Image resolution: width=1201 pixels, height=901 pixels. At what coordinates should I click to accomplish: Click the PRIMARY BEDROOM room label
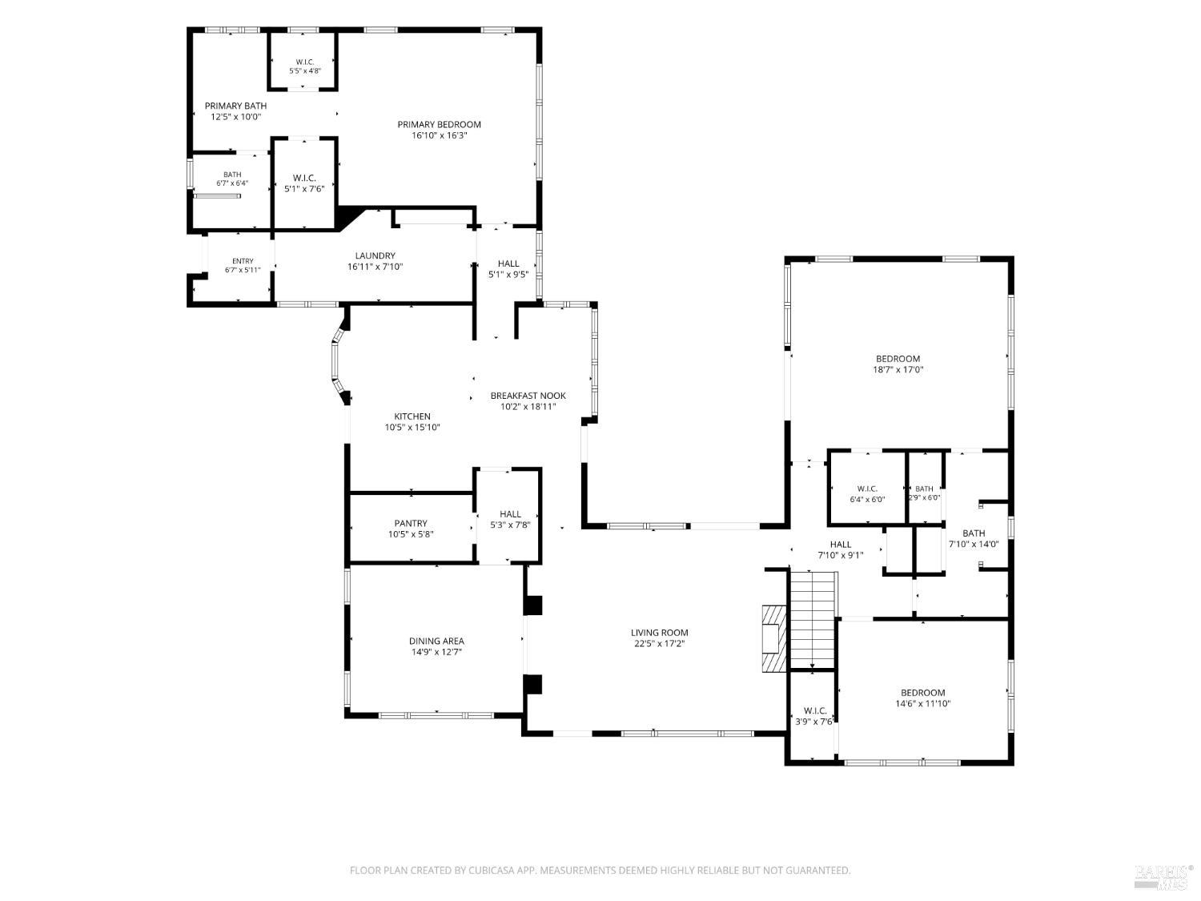[x=439, y=125]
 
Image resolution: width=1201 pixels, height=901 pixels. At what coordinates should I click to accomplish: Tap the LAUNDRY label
[x=375, y=255]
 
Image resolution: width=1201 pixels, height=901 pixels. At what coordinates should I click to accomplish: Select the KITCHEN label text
[x=412, y=416]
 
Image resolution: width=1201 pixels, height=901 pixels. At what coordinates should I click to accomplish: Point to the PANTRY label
[x=411, y=524]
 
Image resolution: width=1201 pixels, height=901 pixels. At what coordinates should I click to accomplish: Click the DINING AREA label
[x=436, y=642]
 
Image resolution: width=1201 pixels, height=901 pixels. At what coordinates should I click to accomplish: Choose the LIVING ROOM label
[x=659, y=633]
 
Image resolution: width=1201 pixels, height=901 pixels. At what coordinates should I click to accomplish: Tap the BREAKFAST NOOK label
[x=528, y=396]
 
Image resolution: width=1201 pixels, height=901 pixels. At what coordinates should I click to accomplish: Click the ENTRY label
[x=243, y=261]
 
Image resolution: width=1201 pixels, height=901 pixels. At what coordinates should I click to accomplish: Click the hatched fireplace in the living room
[x=773, y=638]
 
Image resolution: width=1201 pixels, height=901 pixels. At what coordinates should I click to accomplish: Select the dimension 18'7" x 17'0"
[x=898, y=370]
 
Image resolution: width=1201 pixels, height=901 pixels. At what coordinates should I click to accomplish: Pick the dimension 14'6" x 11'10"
[x=922, y=704]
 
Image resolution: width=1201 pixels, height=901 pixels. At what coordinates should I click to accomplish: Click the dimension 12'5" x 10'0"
[x=236, y=116]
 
